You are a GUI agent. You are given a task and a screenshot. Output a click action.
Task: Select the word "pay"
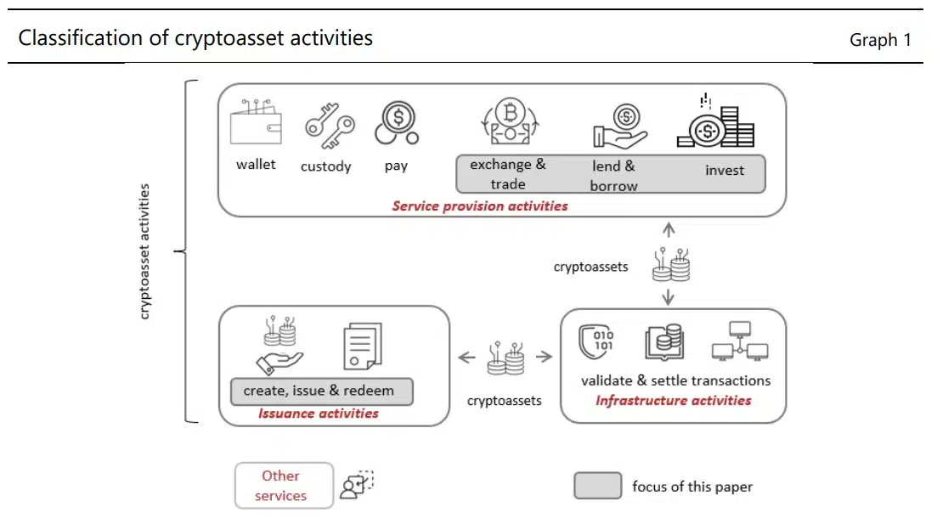tap(396, 166)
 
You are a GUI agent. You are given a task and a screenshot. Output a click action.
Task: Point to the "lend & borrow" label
tap(613, 176)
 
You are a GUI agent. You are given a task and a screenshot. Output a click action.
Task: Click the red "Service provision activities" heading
tap(480, 206)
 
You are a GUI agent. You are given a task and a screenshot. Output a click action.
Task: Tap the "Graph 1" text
tap(880, 40)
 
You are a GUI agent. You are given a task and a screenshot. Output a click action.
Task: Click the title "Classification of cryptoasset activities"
tap(195, 38)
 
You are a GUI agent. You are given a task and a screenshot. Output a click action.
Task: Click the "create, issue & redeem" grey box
tap(322, 391)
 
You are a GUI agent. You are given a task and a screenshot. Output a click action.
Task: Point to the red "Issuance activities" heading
tap(319, 414)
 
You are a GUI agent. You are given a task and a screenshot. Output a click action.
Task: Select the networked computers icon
tap(739, 341)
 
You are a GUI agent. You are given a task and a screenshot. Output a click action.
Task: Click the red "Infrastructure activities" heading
tap(674, 400)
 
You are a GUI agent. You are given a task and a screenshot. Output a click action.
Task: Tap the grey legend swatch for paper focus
tap(597, 486)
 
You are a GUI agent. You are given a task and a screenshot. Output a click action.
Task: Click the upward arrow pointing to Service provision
tap(669, 229)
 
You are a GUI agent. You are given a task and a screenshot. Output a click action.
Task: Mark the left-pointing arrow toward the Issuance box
tap(466, 358)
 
